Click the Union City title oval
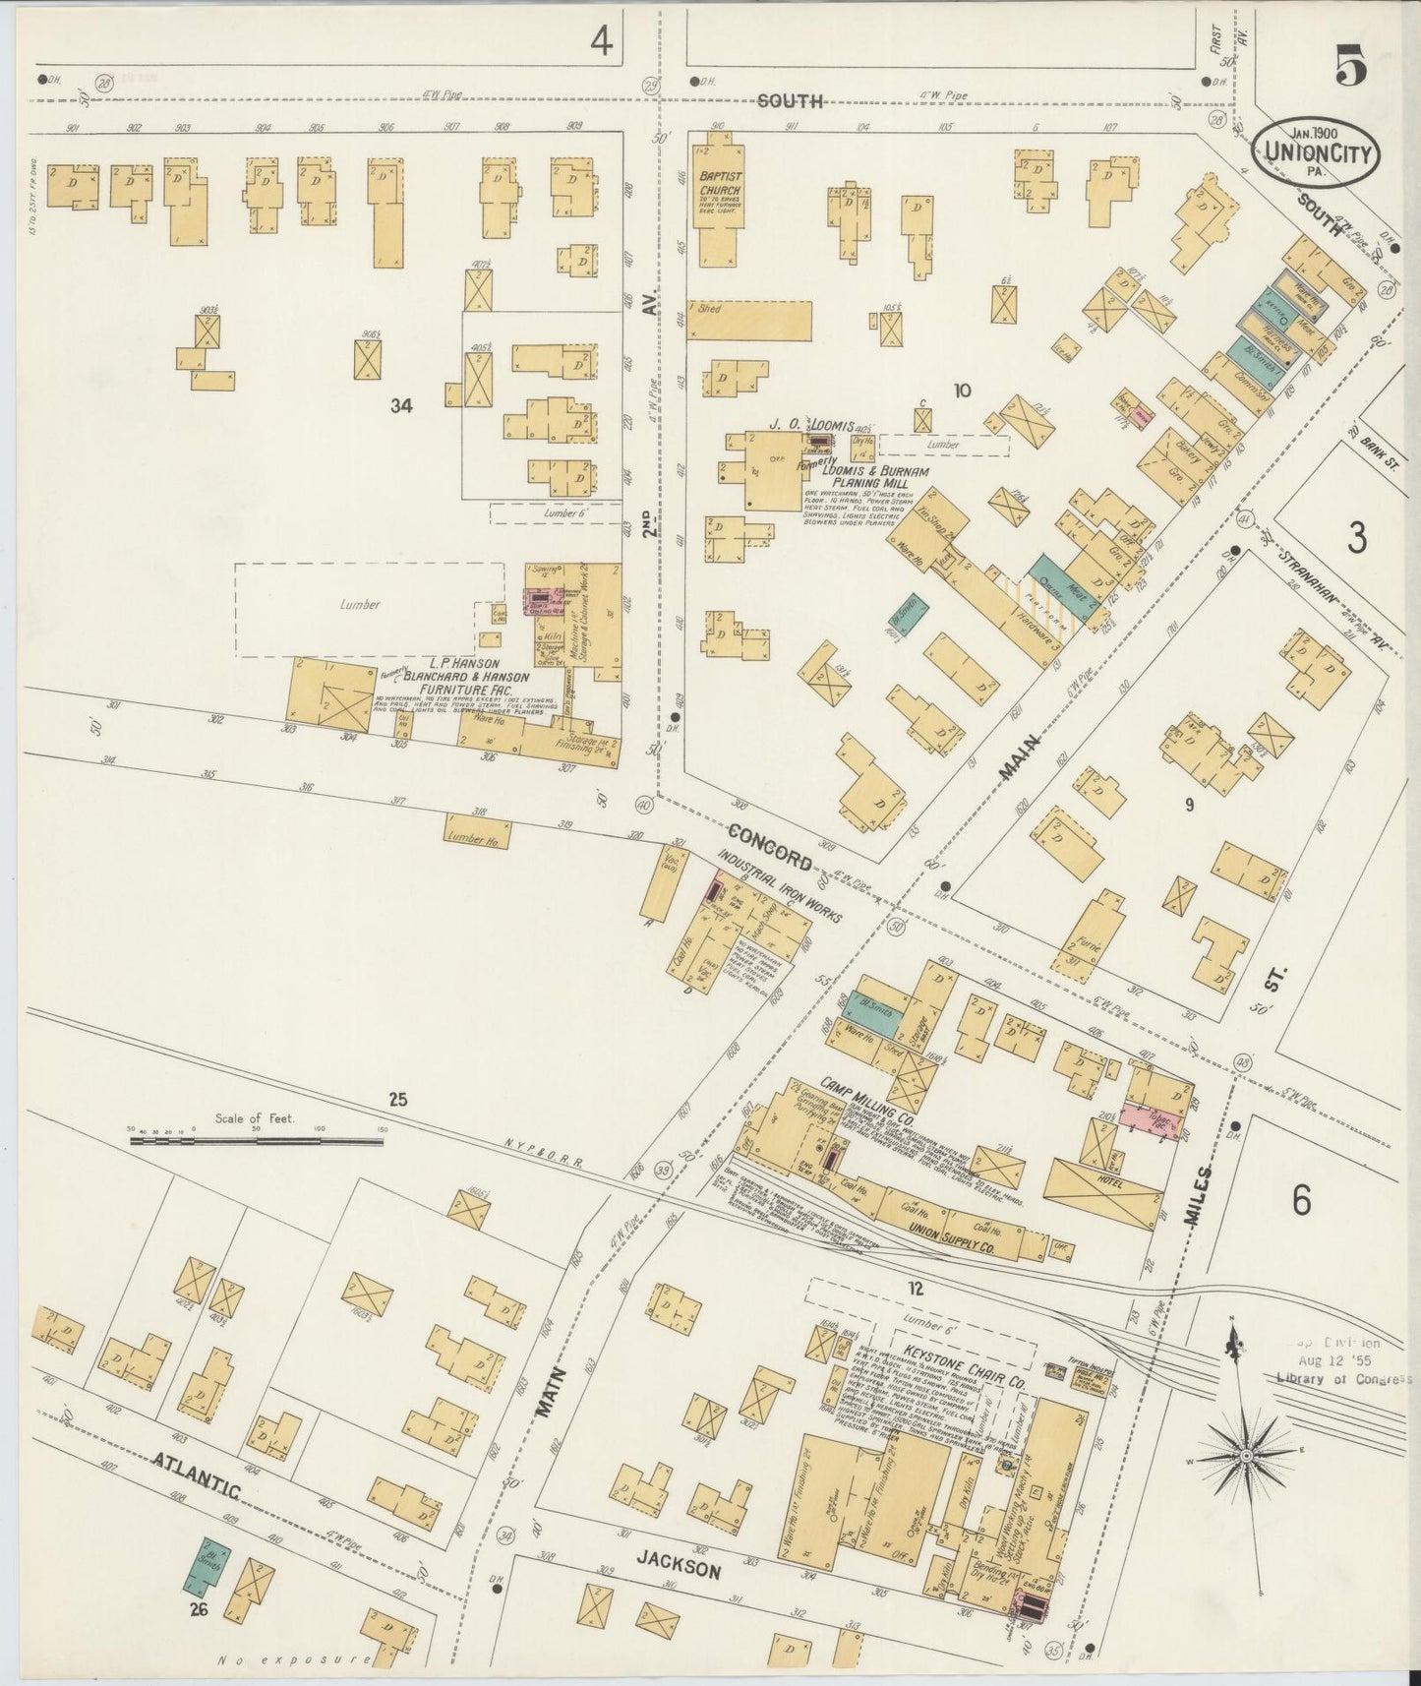1316,151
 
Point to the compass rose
1247,1454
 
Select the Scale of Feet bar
257,1141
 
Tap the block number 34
401,404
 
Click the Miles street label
1197,1192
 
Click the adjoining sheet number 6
1302,1199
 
